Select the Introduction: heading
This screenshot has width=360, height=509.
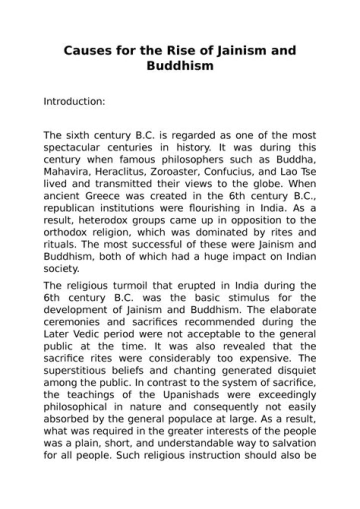coord(74,101)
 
